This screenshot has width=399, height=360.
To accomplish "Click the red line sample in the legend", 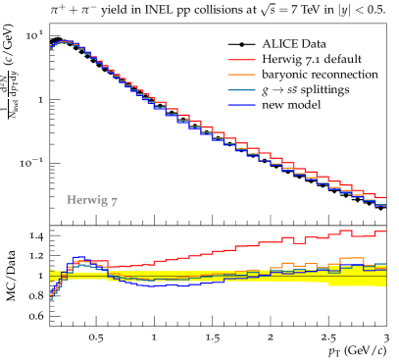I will [241, 60].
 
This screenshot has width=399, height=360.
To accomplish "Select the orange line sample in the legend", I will [241, 75].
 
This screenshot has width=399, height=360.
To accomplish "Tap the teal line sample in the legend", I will [241, 89].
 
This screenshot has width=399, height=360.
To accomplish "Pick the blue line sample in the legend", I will [241, 104].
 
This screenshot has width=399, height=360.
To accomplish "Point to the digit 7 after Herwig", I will [114, 201].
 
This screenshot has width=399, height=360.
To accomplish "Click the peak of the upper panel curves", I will [65, 41].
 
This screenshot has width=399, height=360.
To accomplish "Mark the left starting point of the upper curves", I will [51, 47].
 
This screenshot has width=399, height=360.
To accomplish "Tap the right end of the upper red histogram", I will [384, 197].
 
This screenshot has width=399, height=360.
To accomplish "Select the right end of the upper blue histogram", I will [384, 205].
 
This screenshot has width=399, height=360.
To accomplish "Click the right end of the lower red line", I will [384, 231].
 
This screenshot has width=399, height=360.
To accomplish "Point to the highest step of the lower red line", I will [345, 231].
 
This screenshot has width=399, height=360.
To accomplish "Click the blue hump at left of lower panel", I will [78, 259].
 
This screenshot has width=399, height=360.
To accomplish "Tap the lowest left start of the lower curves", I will [51, 297].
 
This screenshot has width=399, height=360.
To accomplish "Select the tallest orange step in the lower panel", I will [351, 259].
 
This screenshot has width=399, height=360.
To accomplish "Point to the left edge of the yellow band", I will [51, 276].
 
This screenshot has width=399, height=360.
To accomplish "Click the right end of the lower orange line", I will [384, 264].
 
